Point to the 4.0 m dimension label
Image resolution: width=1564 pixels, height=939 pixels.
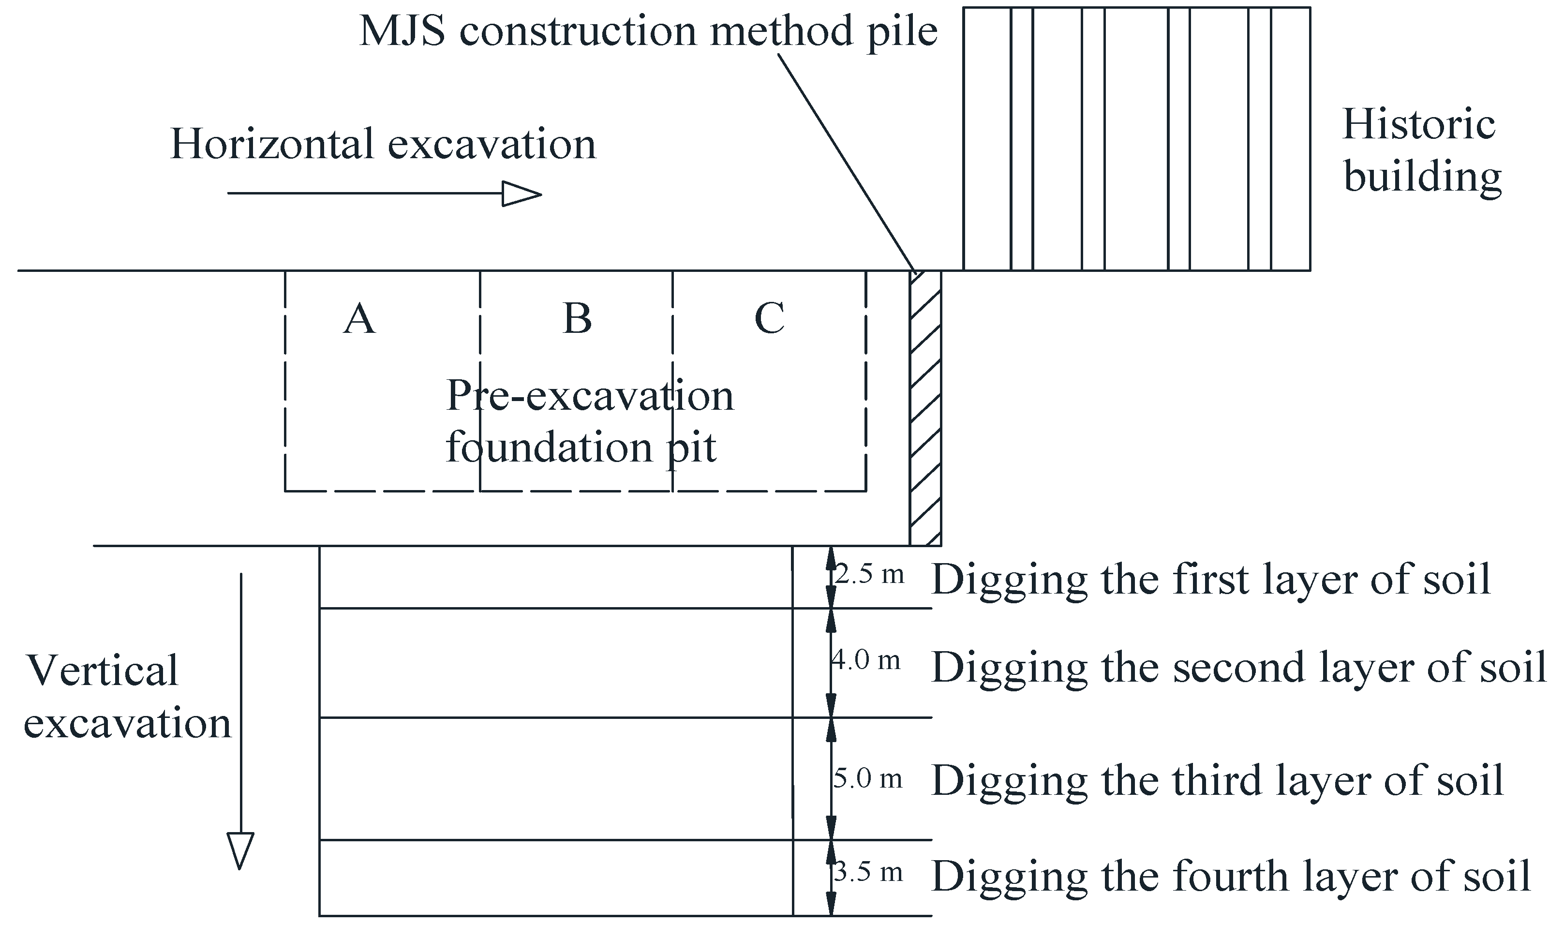point(865,661)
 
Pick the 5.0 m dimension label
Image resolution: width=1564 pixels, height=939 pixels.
point(867,778)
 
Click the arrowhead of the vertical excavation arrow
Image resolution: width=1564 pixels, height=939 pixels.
point(240,850)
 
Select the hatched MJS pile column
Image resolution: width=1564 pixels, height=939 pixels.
point(925,408)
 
